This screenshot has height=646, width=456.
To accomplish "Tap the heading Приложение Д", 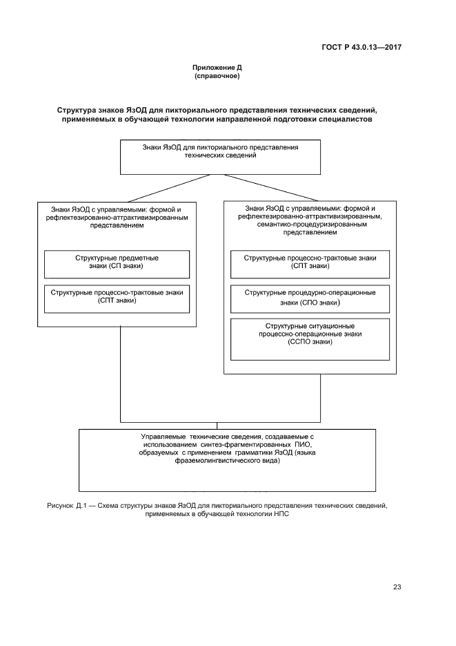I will coord(217,68).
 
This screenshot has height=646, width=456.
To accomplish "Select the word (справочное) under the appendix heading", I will coord(217,76).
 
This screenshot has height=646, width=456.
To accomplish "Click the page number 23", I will coord(397,587).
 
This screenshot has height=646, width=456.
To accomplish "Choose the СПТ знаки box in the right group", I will coord(310,263).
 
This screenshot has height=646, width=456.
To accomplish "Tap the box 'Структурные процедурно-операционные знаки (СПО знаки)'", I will coord(310,297).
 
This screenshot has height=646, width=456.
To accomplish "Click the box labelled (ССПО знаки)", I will coord(310,339).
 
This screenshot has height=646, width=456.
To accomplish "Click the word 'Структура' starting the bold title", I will coord(81,111).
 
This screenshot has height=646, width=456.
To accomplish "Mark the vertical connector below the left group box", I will coord(121,373).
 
